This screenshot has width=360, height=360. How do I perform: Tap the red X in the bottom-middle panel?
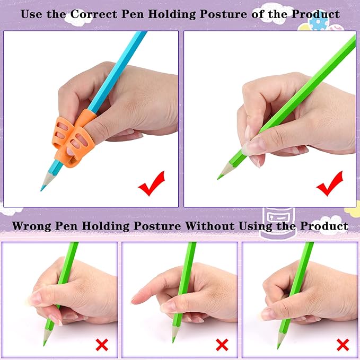pos(222,346)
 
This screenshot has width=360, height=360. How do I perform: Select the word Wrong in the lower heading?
pos(30,226)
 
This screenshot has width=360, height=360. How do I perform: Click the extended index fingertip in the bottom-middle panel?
pos(134,300)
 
